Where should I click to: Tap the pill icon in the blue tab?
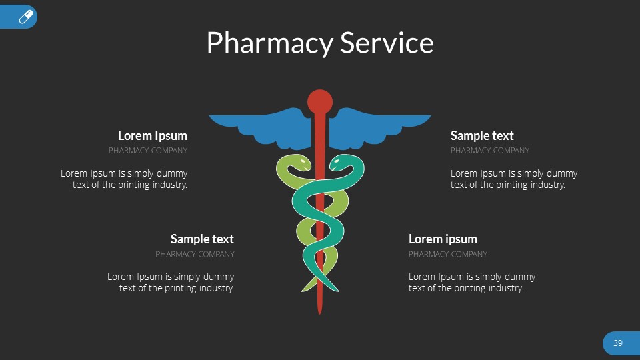(x=26, y=17)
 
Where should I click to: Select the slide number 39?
(x=617, y=343)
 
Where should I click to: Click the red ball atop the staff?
(x=320, y=101)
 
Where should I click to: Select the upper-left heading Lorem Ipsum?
(x=153, y=136)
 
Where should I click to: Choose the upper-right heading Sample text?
(x=482, y=136)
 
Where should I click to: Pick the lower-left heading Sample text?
(x=202, y=239)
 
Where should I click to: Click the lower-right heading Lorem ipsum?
(x=443, y=239)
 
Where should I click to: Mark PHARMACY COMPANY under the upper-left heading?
(x=148, y=151)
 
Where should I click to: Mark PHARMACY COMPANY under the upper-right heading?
(x=490, y=151)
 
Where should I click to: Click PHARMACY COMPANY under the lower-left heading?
(x=195, y=254)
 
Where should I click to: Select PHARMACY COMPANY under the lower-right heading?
(x=448, y=254)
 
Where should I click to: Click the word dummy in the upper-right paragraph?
(x=561, y=173)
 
